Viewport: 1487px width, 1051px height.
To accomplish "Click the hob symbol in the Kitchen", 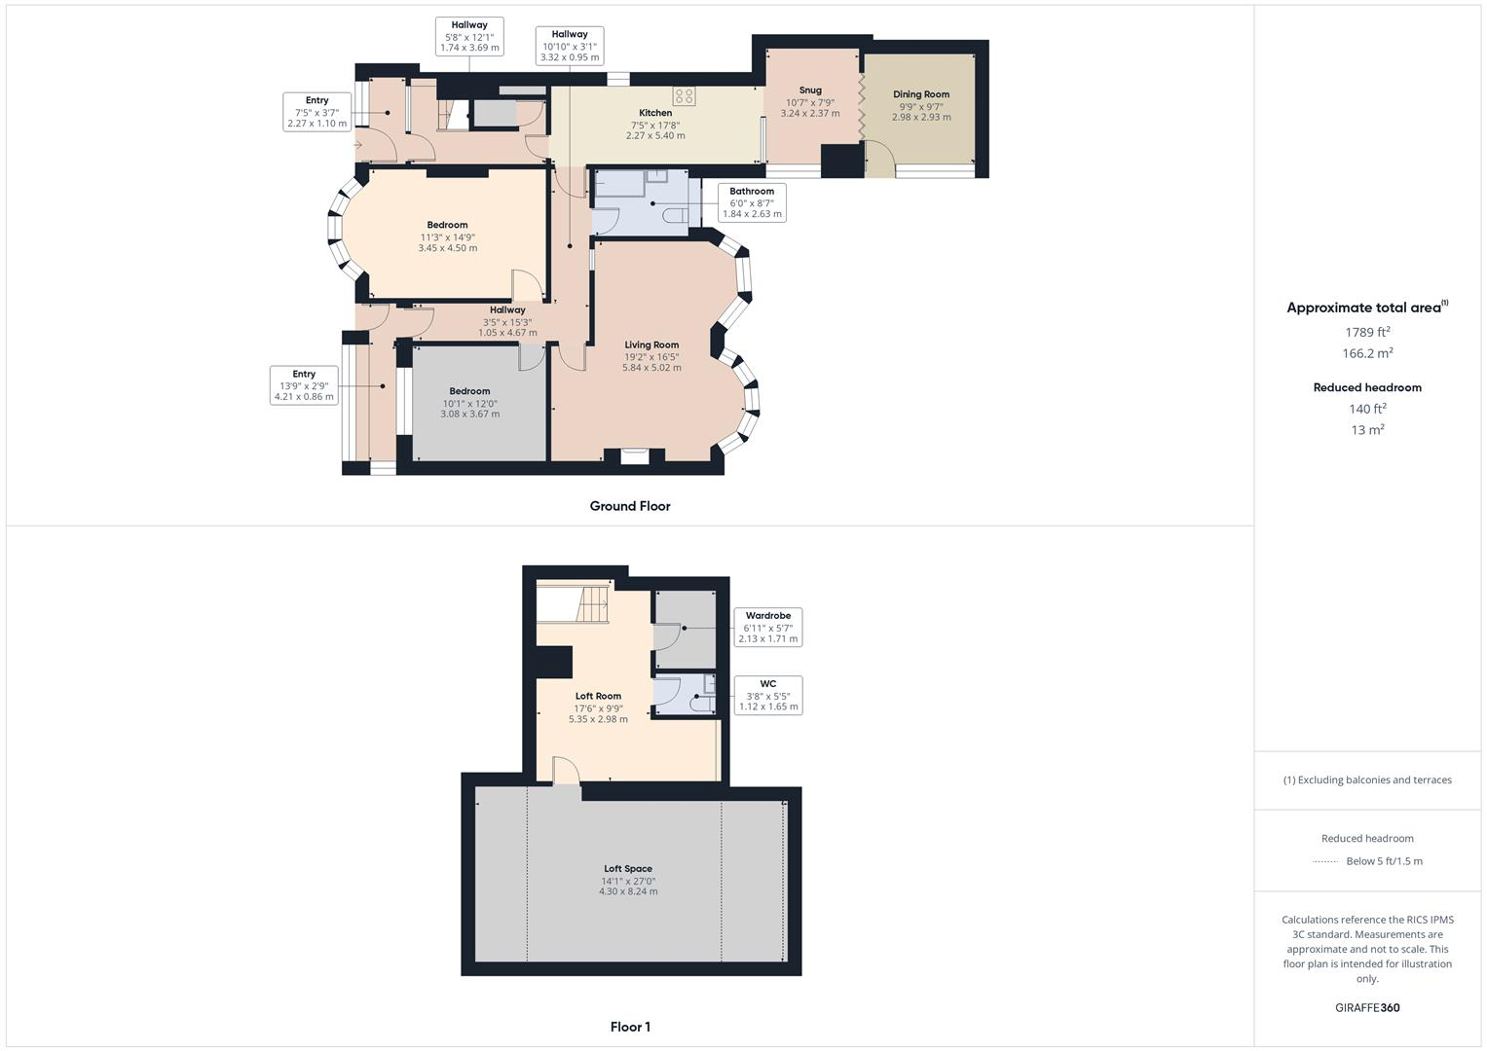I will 684,95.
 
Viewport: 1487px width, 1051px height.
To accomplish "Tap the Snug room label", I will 809,91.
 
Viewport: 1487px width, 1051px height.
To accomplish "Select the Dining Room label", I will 920,94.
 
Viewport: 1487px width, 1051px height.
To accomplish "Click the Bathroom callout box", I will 751,202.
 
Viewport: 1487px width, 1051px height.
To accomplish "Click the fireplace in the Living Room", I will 634,454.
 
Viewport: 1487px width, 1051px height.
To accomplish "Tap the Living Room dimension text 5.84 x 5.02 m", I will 651,368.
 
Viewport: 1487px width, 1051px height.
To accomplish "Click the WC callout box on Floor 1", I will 767,695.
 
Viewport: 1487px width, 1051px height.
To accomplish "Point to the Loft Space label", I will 627,869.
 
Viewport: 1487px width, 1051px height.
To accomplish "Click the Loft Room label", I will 598,696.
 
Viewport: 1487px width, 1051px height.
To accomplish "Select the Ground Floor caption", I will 629,506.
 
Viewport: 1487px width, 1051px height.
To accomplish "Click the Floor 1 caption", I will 629,1027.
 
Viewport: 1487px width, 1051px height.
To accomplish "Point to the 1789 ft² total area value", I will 1367,332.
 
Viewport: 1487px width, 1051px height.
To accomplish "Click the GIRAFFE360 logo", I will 1367,1007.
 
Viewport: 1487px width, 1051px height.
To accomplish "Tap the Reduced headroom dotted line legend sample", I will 1325,861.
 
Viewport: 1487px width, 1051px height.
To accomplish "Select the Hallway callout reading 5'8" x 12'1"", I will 468,36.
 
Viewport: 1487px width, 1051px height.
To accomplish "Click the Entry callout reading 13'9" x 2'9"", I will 304,385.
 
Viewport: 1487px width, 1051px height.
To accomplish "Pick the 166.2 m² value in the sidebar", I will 1367,353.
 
